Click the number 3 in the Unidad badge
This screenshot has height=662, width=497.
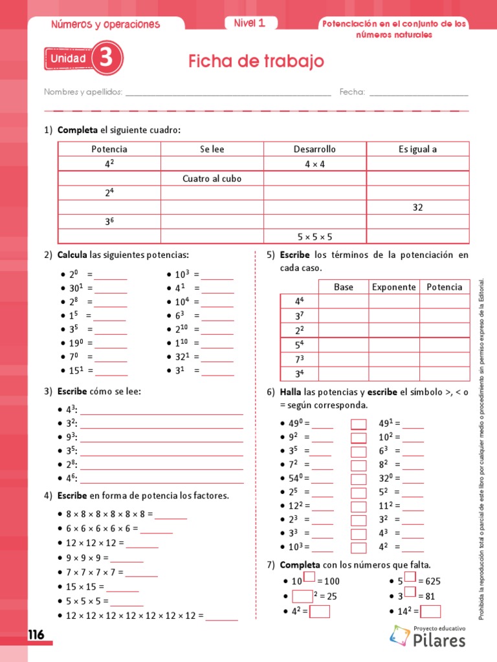pos(106,59)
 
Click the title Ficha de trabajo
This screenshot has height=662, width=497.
pos(256,61)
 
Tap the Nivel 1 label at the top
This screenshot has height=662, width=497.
pos(249,23)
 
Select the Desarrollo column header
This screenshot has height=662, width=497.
pos(315,149)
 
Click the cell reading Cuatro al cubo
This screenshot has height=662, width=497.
pos(212,178)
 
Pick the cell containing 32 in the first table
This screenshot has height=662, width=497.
pos(417,208)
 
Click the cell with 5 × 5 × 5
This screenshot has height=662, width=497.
pos(315,237)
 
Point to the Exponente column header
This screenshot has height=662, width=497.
pos(394,287)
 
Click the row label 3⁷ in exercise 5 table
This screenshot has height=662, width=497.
pos(299,316)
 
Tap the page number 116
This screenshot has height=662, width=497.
pos(36,635)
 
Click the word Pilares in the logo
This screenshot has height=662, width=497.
pos(439,641)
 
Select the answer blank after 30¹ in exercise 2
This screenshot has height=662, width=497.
pos(111,288)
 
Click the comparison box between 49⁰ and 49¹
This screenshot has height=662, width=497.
pos(359,424)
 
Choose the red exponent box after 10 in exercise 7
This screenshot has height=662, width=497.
pos(309,577)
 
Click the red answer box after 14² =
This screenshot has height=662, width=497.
pos(430,611)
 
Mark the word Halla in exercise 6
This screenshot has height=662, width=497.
pos(291,392)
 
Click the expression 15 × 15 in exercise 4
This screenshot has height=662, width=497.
pos(80,587)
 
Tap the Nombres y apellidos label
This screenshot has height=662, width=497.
pos(83,92)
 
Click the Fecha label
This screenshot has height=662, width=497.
pos(352,92)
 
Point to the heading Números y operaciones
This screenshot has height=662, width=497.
pos(105,25)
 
